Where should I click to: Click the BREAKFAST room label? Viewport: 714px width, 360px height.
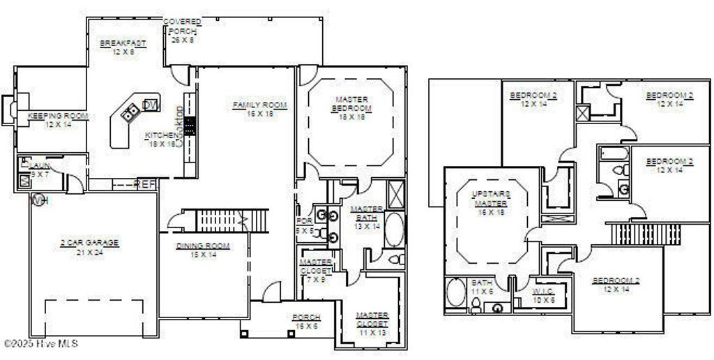tap(123, 43)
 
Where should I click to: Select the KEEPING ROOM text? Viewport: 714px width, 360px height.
tap(58, 116)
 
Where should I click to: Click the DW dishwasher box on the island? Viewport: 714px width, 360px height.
tap(150, 105)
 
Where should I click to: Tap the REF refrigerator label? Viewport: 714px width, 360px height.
tap(145, 184)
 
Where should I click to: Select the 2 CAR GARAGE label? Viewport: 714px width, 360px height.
tap(89, 243)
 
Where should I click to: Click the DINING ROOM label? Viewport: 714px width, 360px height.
tap(203, 246)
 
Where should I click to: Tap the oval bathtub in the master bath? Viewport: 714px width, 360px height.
tap(395, 230)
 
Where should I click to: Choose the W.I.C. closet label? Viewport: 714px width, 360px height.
tap(542, 291)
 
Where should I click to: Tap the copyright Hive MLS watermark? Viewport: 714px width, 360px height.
tap(40, 343)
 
